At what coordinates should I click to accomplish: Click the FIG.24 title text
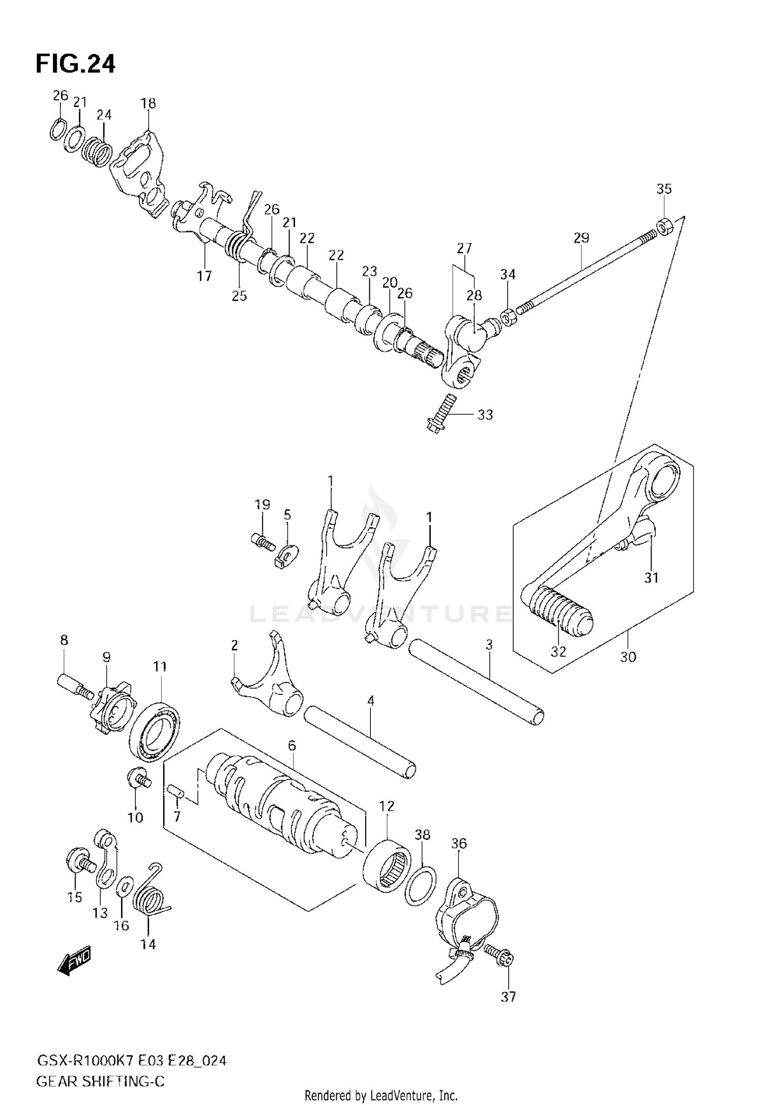(x=75, y=65)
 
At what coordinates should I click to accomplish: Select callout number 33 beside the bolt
(x=485, y=415)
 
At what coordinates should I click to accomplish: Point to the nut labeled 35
(x=665, y=225)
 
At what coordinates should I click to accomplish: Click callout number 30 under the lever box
(x=628, y=657)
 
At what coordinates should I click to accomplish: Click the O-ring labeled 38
(x=421, y=886)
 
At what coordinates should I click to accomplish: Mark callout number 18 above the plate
(x=148, y=103)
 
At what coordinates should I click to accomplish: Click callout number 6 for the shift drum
(x=291, y=746)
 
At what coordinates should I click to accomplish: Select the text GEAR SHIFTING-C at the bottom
(x=100, y=1081)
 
